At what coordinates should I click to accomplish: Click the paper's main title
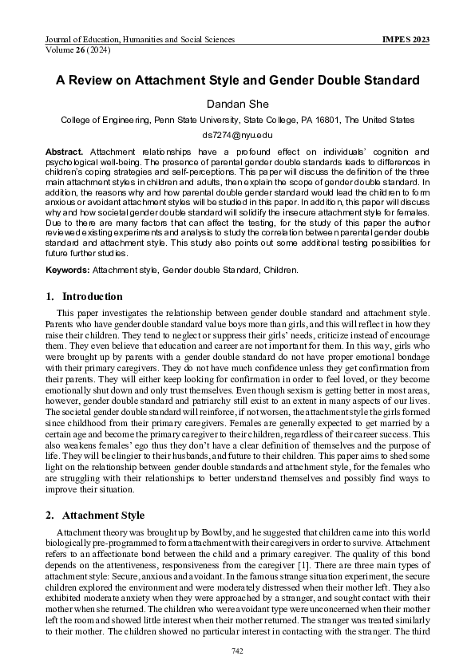click(237, 81)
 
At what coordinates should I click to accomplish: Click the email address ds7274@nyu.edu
click(237, 135)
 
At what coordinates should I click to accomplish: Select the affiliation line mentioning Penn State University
click(237, 120)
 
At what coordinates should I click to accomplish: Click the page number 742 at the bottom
click(237, 652)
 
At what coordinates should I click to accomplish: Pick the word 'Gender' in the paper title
click(305, 81)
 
